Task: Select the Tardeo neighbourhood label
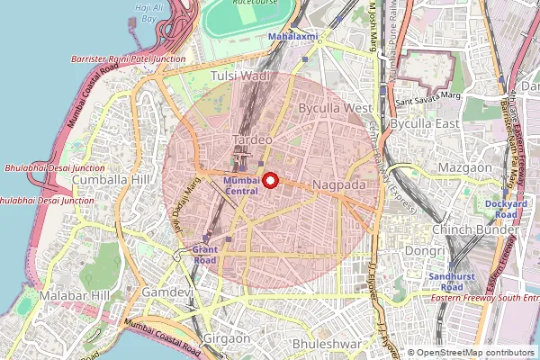click(251, 140)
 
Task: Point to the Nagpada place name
click(339, 184)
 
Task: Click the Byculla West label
click(334, 108)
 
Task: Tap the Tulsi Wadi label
click(240, 77)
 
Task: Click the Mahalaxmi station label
click(293, 36)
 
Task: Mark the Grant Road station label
click(204, 255)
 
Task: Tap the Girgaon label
click(227, 338)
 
